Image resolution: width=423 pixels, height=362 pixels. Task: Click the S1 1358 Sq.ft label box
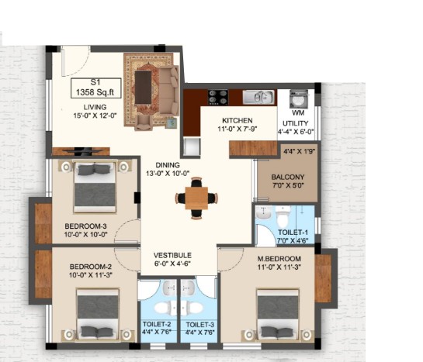tap(95, 88)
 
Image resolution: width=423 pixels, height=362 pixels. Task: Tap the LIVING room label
tap(95, 107)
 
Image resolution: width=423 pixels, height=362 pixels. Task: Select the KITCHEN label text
tap(238, 120)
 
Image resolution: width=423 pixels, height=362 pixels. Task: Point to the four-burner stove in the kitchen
tap(218, 97)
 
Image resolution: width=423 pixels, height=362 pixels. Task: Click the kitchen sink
tap(258, 97)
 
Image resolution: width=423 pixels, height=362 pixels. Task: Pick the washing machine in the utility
tap(298, 99)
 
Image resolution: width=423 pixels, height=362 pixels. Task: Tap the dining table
tap(196, 198)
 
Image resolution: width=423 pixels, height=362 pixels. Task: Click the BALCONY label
tap(288, 178)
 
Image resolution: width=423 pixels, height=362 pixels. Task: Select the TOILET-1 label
tap(293, 233)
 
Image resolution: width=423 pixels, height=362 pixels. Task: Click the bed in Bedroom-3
tap(95, 186)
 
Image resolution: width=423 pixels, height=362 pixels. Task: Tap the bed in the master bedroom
tap(278, 314)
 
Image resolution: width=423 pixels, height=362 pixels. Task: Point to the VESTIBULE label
tap(172, 255)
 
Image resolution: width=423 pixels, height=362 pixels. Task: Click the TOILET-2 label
tap(157, 324)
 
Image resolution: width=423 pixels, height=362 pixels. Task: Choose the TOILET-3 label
tap(200, 325)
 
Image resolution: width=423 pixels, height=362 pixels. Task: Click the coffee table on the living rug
tap(143, 88)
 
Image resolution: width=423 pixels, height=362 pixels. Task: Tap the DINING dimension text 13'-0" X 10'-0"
tap(168, 174)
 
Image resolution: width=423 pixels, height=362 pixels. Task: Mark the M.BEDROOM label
tap(279, 259)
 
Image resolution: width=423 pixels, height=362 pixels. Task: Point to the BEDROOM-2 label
tap(91, 267)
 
